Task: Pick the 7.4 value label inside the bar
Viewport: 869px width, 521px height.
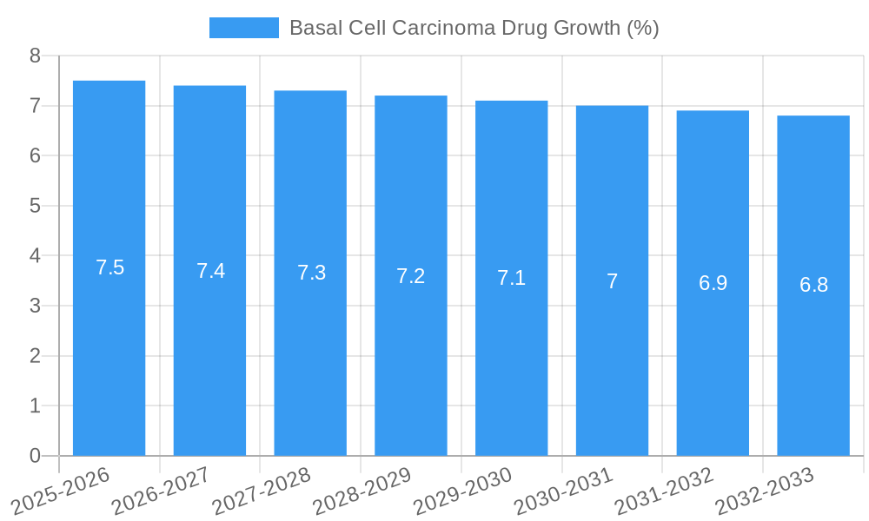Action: (210, 271)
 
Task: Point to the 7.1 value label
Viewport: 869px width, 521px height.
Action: (511, 278)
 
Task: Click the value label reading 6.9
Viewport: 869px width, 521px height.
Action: (713, 283)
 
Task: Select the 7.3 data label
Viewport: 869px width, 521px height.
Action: (311, 273)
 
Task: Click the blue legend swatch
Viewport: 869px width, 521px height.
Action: (244, 28)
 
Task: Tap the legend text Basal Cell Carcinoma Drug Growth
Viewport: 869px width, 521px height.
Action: (474, 28)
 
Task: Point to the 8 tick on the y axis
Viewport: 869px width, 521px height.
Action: (35, 56)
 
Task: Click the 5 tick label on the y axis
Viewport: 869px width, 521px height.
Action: (35, 206)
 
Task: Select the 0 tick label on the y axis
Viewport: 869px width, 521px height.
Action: (35, 456)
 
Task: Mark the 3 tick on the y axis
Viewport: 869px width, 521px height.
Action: (35, 306)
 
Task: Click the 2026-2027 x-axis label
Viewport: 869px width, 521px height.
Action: (161, 491)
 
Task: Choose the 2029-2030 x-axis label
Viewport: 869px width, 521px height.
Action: (462, 491)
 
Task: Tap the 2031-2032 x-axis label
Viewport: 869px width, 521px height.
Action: (664, 491)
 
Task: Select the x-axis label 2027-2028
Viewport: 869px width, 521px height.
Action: (262, 491)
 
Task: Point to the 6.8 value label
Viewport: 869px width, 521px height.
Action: (813, 285)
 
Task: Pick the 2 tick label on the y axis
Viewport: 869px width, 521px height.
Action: (35, 356)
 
